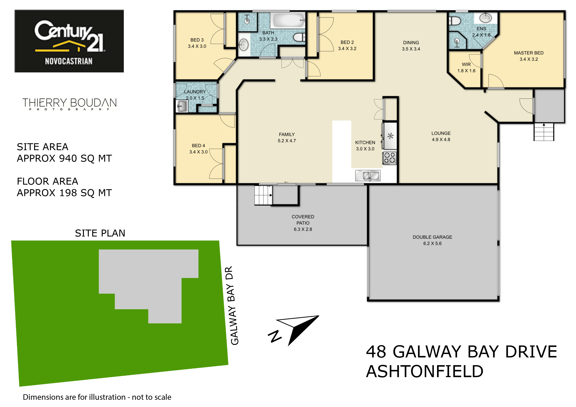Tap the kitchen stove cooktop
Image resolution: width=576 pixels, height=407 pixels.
coord(389,158)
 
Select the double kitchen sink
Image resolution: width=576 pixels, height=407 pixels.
coord(368,176)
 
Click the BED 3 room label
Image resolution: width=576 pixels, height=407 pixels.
coord(197,40)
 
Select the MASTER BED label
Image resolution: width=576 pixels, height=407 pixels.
coord(529,53)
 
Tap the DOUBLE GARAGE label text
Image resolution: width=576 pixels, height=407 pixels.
coord(432,237)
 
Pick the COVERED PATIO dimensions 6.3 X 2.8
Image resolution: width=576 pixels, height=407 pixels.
coord(303,229)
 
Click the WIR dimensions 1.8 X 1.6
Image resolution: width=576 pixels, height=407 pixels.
coord(466,71)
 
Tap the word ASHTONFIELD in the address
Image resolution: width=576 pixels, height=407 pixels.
coord(424,371)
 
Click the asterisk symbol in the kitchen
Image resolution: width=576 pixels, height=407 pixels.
coord(390,136)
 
